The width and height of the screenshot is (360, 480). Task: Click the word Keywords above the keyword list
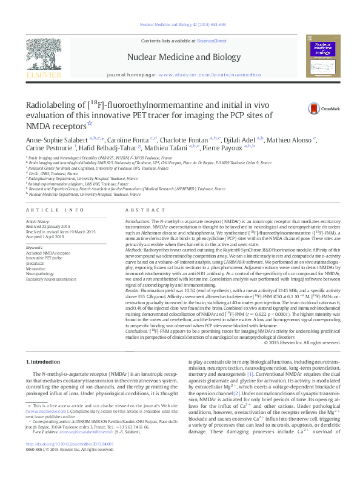click(35, 248)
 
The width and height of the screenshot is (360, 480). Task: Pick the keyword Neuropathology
click(40, 274)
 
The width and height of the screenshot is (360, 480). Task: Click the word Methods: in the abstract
click(136, 248)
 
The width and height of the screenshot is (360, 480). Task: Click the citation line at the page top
click(179, 25)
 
